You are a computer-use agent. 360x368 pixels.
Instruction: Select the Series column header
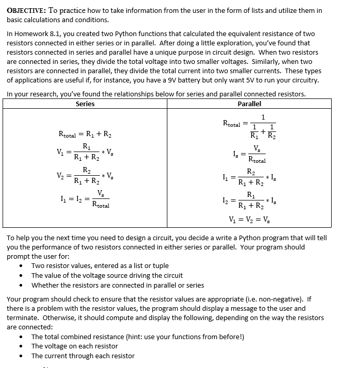click(x=85, y=104)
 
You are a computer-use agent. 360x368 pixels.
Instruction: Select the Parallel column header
click(x=249, y=104)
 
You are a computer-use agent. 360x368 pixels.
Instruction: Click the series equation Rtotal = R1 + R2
click(x=85, y=135)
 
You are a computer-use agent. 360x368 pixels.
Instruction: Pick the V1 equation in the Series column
click(x=85, y=152)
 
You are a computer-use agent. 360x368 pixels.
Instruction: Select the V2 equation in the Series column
click(x=85, y=175)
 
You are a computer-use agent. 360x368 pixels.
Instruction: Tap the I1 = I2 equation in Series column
click(x=85, y=199)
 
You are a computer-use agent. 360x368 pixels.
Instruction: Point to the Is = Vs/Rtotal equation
click(x=250, y=154)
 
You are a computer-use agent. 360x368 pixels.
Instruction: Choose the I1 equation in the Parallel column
click(x=250, y=177)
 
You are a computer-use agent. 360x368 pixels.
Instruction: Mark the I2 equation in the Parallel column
click(x=250, y=200)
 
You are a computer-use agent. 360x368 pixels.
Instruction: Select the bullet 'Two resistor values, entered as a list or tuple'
click(x=100, y=265)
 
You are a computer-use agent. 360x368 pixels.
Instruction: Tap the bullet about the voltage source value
click(x=107, y=275)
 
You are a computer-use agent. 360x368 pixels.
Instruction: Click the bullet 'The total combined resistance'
click(x=138, y=337)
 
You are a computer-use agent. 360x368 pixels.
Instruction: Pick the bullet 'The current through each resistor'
click(x=83, y=356)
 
